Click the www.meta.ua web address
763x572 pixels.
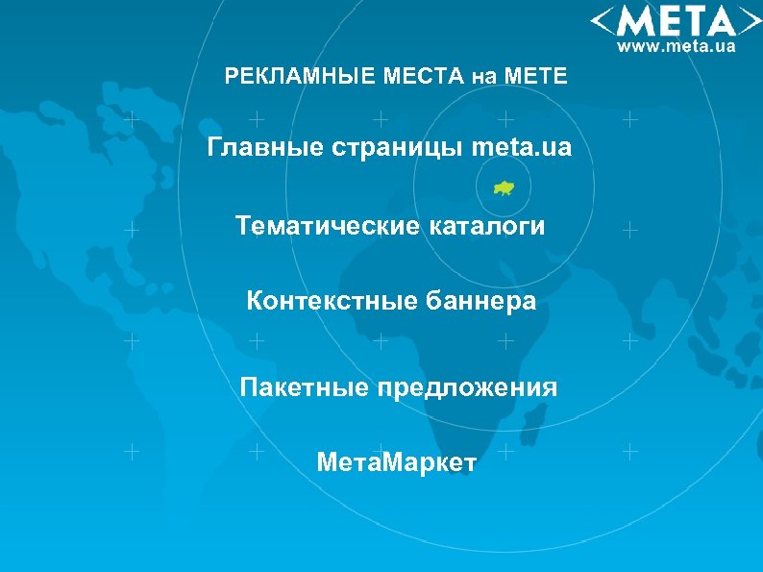click(677, 45)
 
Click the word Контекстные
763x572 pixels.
click(328, 302)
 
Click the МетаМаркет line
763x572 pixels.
click(396, 463)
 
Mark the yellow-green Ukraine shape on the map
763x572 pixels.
click(504, 187)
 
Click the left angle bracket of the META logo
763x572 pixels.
click(603, 21)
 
